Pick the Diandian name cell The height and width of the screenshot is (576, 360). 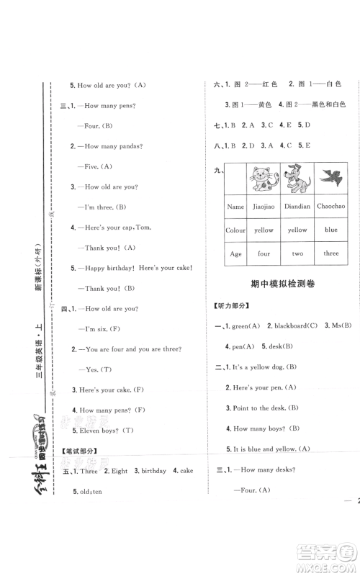coord(297,206)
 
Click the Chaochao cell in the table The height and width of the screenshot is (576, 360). coord(330,206)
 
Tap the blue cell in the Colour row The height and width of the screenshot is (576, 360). coord(330,230)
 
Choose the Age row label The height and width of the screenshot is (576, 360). coord(235,253)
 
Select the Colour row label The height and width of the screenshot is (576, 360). coord(235,230)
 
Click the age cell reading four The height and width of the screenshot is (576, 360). coord(264,253)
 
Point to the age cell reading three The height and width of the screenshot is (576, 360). coord(330,253)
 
